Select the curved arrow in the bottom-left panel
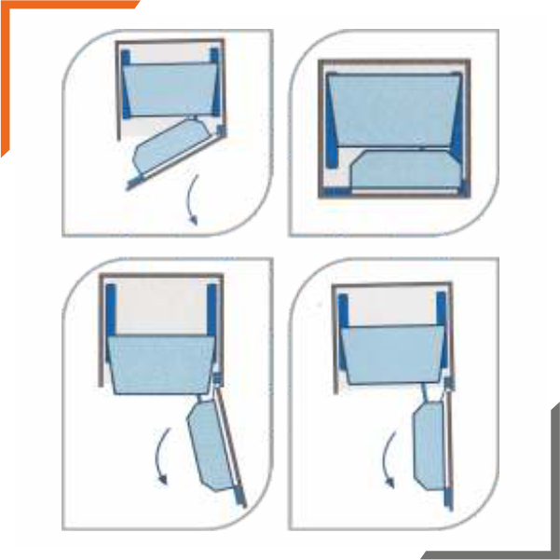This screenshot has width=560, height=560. coord(159,456)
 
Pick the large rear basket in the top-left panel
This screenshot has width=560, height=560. coord(169,89)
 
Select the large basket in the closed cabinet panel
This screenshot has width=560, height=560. coord(395,108)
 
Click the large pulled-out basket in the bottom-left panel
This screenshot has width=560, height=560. coord(157,364)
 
